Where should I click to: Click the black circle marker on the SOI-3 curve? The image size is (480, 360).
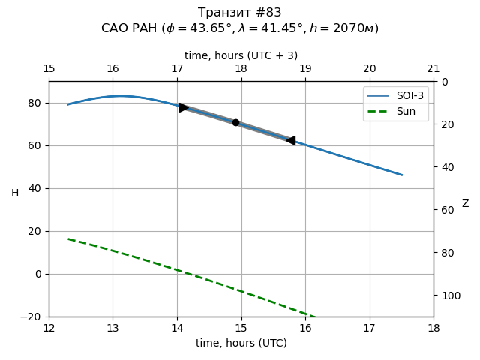(235, 122)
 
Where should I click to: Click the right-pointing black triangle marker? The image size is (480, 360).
(184, 107)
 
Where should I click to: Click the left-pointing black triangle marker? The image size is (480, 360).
(290, 140)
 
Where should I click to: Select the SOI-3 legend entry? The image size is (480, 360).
(395, 97)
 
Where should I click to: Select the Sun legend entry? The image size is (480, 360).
(395, 111)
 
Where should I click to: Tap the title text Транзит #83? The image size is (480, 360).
(240, 13)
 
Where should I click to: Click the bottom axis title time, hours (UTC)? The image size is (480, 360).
(241, 343)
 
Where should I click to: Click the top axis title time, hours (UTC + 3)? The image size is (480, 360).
(241, 55)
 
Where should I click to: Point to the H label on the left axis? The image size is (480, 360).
(15, 193)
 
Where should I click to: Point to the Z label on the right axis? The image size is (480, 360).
(465, 204)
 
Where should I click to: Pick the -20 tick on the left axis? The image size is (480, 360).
(33, 316)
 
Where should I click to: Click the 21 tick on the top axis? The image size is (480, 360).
(433, 69)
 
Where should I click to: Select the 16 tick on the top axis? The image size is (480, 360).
(112, 69)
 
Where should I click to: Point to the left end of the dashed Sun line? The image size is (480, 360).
(68, 239)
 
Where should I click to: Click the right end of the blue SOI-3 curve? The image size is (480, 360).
(401, 175)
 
